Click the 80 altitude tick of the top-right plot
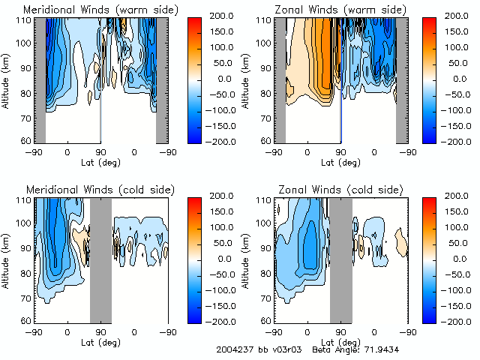[265, 94]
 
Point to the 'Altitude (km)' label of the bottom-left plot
[7, 259]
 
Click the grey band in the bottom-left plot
[100, 259]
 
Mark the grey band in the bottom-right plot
[340, 259]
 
